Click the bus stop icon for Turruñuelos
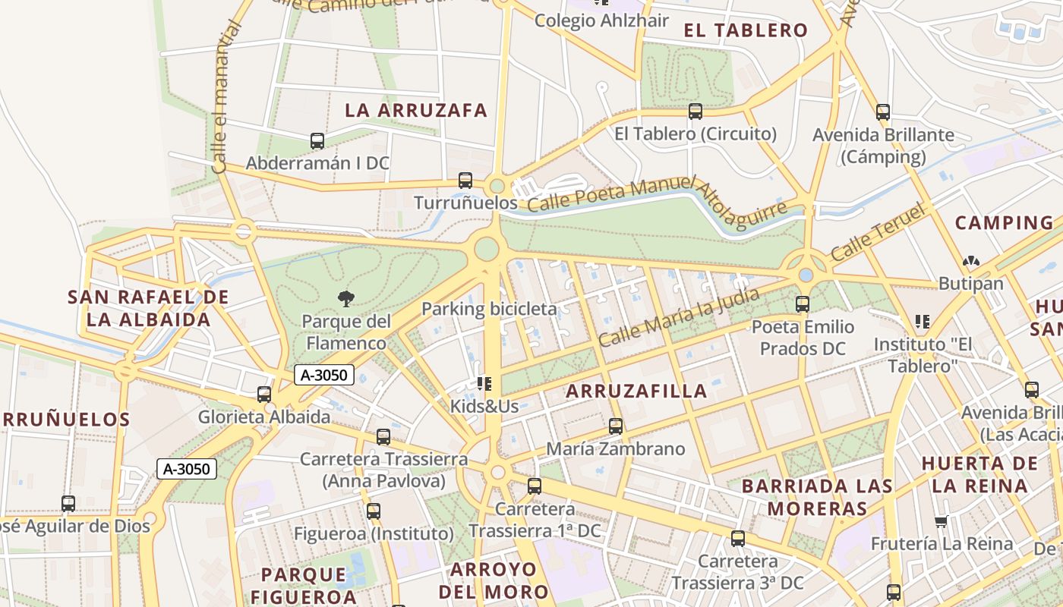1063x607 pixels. pos(465,181)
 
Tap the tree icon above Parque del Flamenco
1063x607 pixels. pos(346,299)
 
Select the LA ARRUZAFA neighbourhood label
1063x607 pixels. pos(416,110)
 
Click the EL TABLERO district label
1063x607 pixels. pos(746,30)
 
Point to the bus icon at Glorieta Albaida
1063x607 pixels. pos(264,395)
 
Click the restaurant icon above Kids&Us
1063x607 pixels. pos(484,384)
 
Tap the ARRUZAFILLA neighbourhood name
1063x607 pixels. pos(636,392)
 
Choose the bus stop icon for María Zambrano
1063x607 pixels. pos(616,426)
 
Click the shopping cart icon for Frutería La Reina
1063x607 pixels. pos(942,521)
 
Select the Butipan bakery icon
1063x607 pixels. pos(970,262)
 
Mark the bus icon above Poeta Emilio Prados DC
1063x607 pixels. pos(803,304)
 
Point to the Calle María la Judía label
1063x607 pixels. pos(678,316)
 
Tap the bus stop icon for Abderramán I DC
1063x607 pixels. pos(317,141)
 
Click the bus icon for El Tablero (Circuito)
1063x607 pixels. pos(696,112)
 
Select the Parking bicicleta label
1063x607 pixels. pos(489,309)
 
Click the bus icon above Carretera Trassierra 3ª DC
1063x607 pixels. pos(738,539)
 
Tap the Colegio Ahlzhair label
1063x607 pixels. pos(601,20)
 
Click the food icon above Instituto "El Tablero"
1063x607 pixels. pos(923,322)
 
